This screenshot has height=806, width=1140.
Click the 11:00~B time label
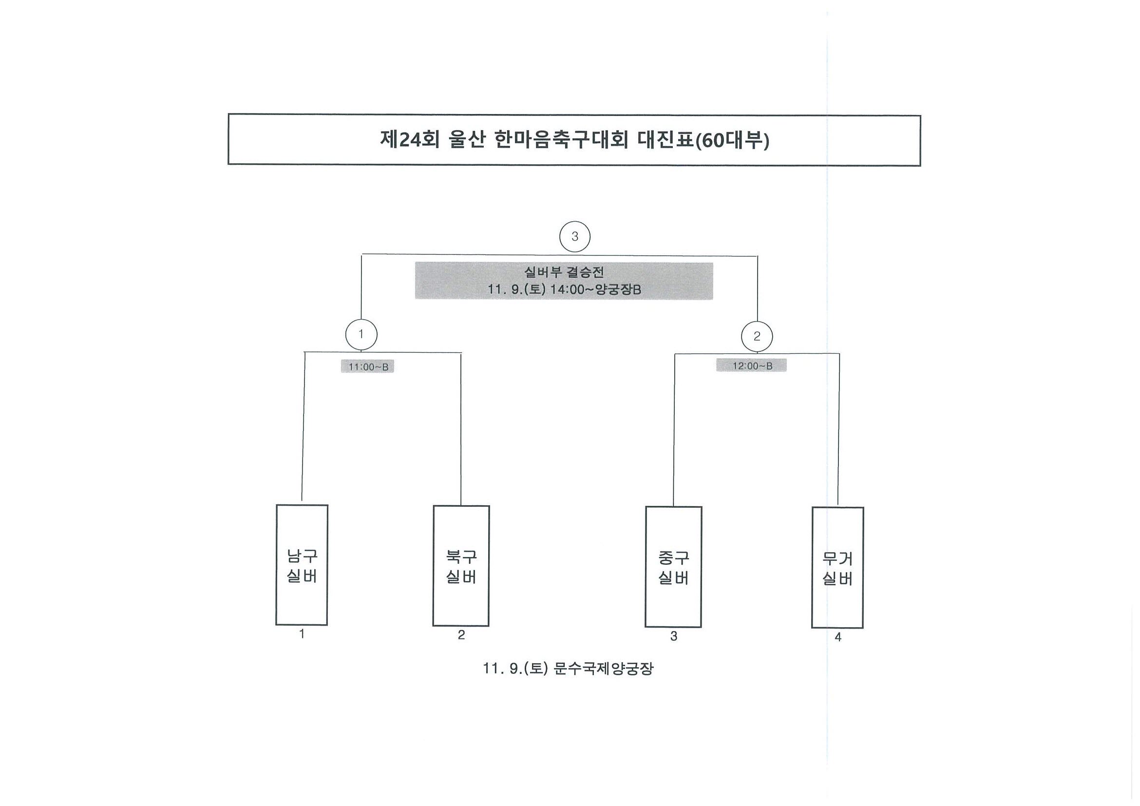pos(367,367)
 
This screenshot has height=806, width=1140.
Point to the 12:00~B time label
pos(752,366)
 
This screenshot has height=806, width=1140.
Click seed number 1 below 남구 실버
pos(302,633)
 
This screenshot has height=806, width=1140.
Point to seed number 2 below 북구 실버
pos(461,634)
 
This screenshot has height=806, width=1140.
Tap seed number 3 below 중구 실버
pos(674,636)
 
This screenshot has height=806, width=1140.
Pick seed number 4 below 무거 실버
pos(838,637)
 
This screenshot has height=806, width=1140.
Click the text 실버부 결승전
pos(564,272)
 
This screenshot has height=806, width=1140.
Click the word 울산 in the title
pos(466,140)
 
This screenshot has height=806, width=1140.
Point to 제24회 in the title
pos(410,140)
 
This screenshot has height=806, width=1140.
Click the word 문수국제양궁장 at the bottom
pos(603,669)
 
